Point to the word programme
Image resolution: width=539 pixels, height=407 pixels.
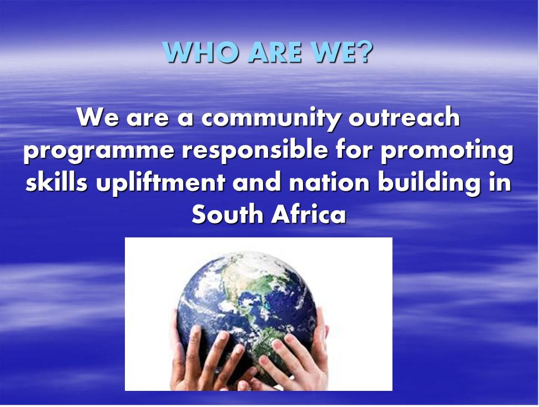(99, 151)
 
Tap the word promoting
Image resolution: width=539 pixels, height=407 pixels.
(447, 150)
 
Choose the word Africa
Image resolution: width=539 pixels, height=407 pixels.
(309, 214)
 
